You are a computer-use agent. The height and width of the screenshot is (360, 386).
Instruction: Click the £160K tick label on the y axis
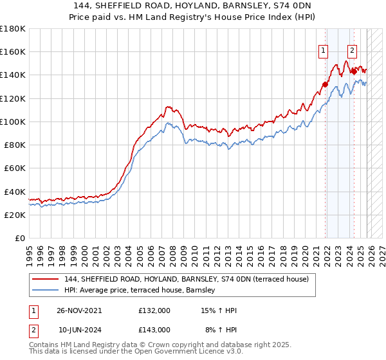[13, 51]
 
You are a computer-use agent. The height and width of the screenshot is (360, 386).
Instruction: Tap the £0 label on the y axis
[20, 238]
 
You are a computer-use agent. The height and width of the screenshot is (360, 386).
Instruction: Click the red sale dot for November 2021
[326, 84]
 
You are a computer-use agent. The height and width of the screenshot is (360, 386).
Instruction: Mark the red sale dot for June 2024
[353, 71]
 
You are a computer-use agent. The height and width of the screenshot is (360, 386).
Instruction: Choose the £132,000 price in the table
[154, 310]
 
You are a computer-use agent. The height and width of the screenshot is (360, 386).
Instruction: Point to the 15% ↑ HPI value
[219, 310]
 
